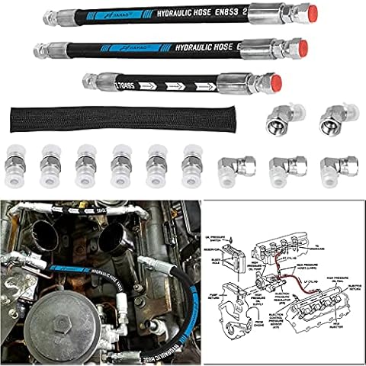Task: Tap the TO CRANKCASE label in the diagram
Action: [335, 217]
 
